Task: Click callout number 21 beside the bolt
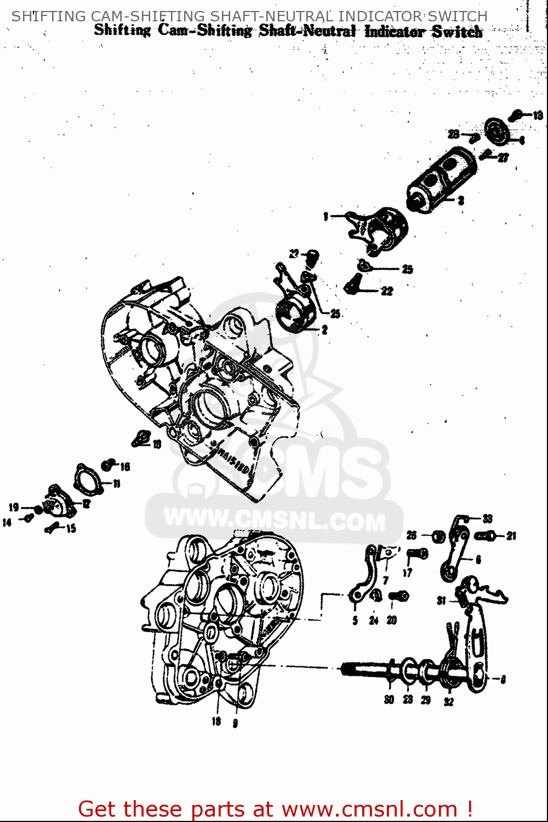[511, 536]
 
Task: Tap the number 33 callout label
[487, 518]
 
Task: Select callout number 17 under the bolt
[407, 573]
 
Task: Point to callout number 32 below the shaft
[449, 701]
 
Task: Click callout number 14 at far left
[7, 523]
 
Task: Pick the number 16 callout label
[125, 467]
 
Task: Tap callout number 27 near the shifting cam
[503, 158]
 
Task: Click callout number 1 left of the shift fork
[326, 216]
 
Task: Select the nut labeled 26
[438, 536]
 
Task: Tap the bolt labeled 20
[399, 596]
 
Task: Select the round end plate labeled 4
[497, 133]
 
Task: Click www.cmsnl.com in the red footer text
[369, 809]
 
